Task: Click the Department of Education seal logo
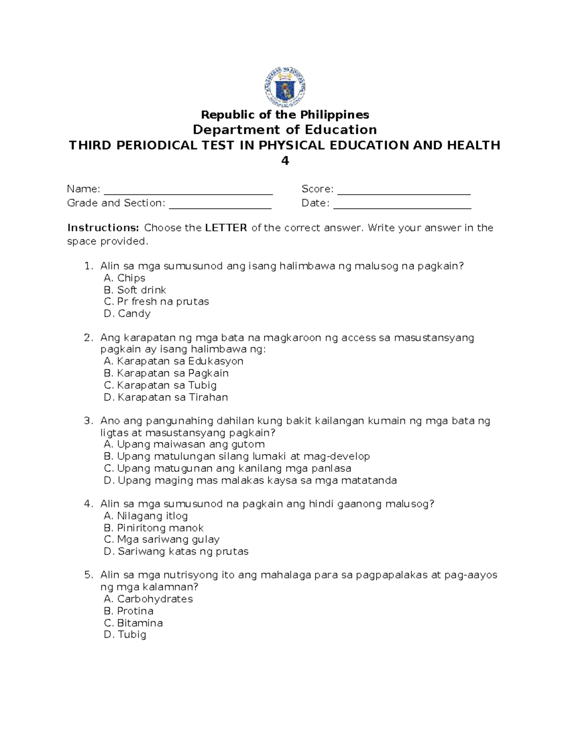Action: [285, 86]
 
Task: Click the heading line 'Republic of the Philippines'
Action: [285, 115]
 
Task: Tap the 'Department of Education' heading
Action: [285, 130]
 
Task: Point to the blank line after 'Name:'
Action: [188, 191]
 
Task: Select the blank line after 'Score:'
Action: [404, 191]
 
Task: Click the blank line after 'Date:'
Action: [402, 205]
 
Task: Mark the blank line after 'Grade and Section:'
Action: [220, 205]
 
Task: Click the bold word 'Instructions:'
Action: [103, 228]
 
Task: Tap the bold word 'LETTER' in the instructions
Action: [226, 228]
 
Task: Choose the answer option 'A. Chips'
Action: [124, 278]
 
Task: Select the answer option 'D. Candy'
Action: [127, 314]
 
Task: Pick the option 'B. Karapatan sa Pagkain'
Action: [166, 373]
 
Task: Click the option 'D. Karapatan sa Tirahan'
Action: [166, 397]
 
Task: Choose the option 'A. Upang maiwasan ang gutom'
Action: [184, 445]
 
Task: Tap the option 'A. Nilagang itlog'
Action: [146, 516]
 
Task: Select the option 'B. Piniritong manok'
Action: [153, 528]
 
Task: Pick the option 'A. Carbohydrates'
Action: [148, 599]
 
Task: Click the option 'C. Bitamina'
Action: [133, 623]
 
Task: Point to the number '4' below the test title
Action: [285, 161]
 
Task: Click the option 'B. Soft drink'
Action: [135, 290]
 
